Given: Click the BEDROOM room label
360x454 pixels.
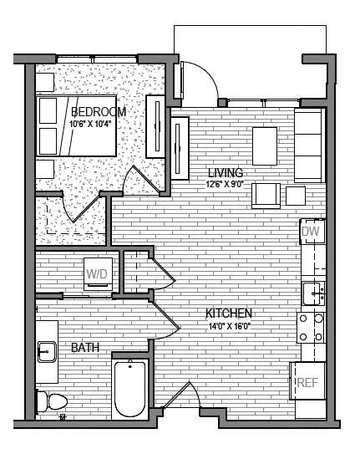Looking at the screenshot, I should coord(99,112).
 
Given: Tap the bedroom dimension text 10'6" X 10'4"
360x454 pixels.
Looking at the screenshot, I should coord(91,124).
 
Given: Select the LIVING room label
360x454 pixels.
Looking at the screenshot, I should coord(226,173).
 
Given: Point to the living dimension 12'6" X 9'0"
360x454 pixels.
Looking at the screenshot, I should coord(225,185).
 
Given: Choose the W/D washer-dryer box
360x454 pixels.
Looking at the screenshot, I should coord(98,273).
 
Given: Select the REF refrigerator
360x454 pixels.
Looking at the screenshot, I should coord(307,383).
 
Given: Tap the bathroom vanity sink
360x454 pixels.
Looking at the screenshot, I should coord(46,351).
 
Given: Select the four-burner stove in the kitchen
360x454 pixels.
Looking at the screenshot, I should coord(312,328).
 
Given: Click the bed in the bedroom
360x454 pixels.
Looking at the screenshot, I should coord(75,126).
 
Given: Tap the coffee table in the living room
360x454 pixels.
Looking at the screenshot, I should coord(265,145).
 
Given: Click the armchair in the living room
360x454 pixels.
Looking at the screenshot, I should coord(267,195).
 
